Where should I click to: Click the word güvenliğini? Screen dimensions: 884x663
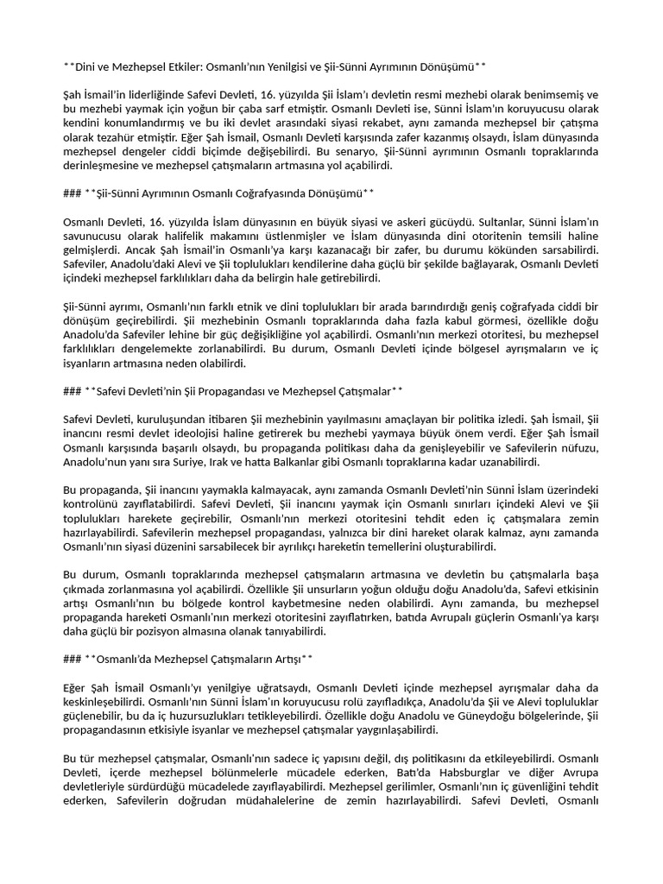529,787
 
